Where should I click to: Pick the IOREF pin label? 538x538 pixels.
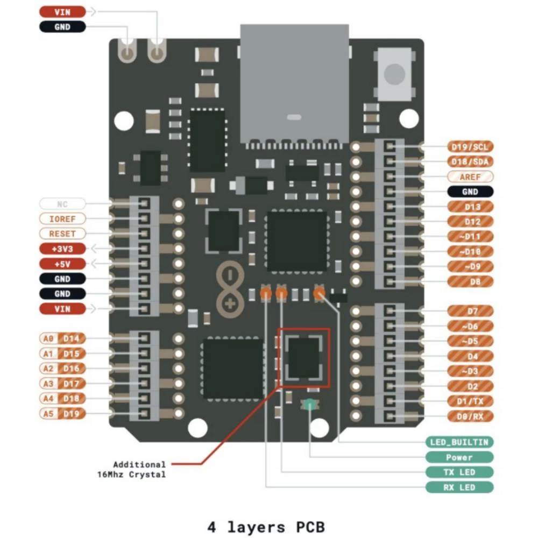[62, 219]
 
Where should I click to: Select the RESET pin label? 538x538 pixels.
[62, 234]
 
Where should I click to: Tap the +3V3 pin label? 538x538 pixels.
[62, 249]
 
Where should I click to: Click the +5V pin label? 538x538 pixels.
[62, 264]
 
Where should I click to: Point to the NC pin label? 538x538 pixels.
[62, 204]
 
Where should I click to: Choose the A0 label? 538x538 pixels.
[48, 338]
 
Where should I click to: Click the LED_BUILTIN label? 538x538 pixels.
[459, 442]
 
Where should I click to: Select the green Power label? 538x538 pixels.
[459, 457]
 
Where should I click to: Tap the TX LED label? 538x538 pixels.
[459, 472]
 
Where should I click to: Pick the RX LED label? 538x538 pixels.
[459, 487]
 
